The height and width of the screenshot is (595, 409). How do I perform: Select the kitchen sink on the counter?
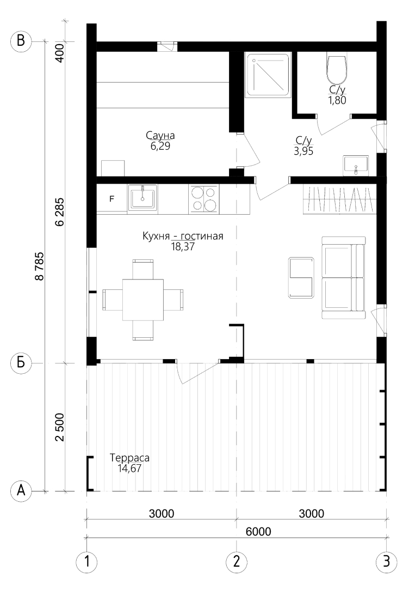point(143,197)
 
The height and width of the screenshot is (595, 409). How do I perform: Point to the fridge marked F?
point(111,198)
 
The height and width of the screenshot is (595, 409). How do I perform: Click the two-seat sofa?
point(344,277)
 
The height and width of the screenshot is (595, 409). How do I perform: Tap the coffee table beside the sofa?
point(301,277)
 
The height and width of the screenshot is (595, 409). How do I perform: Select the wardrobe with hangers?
point(340,199)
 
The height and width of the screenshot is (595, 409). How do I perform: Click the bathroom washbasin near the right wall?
point(356,166)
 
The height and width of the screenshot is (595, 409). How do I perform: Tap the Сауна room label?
point(160,136)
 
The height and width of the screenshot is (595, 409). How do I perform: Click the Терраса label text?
point(129,458)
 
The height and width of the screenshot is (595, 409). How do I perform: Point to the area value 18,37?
point(183,247)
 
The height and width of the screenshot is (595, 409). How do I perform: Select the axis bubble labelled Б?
point(21,362)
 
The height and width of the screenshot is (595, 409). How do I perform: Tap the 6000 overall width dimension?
point(258,531)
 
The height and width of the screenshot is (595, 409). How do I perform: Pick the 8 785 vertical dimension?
point(39,266)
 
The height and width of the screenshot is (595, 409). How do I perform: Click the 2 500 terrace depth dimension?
point(60,427)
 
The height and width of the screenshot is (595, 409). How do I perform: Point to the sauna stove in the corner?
point(113,168)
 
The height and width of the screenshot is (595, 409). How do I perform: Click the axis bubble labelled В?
point(21,41)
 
